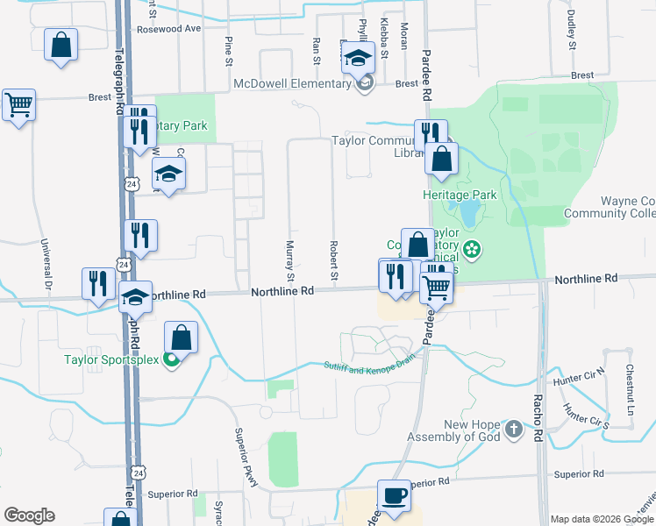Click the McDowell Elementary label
(293, 84)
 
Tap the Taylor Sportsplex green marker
(172, 359)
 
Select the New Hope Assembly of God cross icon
(515, 430)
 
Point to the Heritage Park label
(460, 195)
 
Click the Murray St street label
(289, 254)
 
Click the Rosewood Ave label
(168, 28)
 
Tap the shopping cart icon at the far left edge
(18, 105)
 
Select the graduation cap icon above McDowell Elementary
(358, 59)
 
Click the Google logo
(29, 515)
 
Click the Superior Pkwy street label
(244, 451)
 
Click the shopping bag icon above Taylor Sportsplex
(181, 338)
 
